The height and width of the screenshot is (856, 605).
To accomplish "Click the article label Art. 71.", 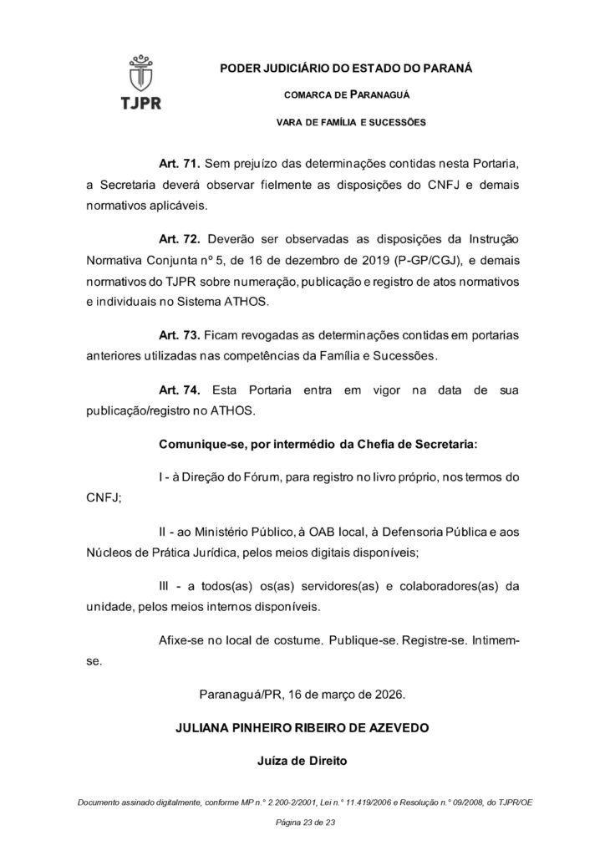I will pos(176,162).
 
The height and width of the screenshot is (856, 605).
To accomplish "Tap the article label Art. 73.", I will pos(176,335).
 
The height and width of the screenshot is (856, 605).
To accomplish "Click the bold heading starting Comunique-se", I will pos(318,446).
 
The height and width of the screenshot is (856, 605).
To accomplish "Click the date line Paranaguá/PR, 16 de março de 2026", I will pos(302,695).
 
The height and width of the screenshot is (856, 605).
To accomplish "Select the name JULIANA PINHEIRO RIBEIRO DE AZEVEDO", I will pos(302,728).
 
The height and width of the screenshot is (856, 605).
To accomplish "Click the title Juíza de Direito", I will pos(302,762).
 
